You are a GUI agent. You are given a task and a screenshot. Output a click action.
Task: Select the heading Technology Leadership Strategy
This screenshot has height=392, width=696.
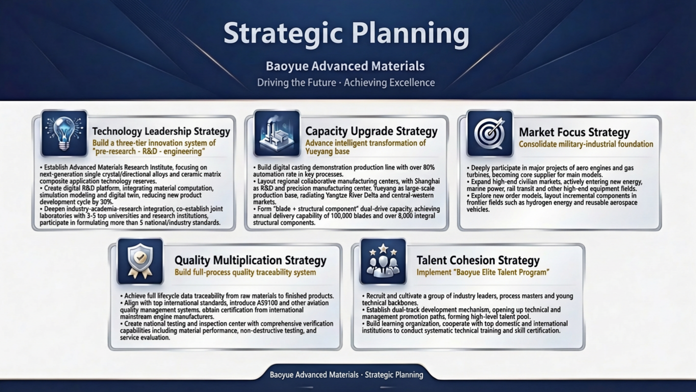click(x=161, y=131)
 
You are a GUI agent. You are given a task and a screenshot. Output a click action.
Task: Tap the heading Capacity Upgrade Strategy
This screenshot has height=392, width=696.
click(x=371, y=131)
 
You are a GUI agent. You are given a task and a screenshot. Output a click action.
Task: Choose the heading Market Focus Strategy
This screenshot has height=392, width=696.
click(x=574, y=132)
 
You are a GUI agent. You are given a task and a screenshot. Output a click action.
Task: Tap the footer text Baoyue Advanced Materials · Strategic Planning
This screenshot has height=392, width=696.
click(x=346, y=375)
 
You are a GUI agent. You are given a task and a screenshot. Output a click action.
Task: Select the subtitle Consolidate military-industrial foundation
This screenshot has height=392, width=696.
click(x=586, y=144)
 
